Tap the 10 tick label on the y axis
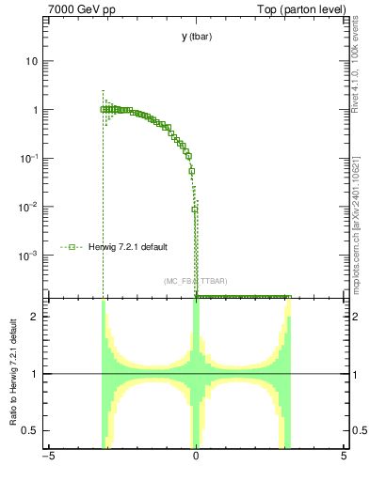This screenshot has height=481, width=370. click(x=34, y=61)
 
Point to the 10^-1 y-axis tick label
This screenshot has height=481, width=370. click(x=31, y=158)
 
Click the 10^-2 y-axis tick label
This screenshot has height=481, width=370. click(x=31, y=207)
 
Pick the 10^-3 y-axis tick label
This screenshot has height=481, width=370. click(x=31, y=256)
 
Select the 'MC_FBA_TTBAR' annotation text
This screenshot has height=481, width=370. click(x=195, y=282)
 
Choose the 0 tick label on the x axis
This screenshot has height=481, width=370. click(x=196, y=457)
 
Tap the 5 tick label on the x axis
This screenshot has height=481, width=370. click(x=344, y=457)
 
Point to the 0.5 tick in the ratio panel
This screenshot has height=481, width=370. click(x=34, y=430)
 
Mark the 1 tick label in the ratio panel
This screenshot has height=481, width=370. click(x=38, y=374)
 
